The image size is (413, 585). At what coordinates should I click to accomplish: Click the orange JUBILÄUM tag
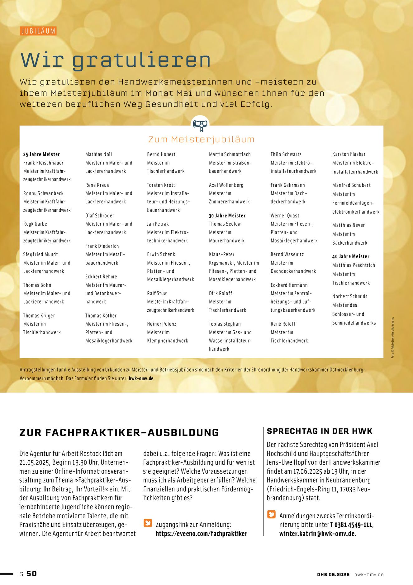[38, 31]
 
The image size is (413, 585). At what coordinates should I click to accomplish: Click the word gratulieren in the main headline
[141, 60]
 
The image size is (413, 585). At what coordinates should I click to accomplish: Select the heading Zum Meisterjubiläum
[201, 139]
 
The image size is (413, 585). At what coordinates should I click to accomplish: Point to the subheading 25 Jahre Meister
[41, 154]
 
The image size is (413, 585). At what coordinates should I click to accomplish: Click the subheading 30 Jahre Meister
[227, 216]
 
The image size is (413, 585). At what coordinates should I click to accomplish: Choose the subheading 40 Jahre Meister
[351, 256]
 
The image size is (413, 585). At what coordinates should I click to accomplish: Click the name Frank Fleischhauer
[43, 163]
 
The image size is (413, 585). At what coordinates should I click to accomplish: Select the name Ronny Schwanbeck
[43, 193]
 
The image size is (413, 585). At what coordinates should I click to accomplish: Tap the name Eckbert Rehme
[101, 277]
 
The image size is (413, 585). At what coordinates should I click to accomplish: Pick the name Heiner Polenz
[162, 324]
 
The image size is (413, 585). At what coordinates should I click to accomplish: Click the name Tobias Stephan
[225, 324]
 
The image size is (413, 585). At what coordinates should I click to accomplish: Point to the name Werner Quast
[285, 216]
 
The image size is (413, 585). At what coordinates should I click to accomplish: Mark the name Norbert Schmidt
[350, 296]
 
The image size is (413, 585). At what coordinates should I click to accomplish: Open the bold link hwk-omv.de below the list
[141, 378]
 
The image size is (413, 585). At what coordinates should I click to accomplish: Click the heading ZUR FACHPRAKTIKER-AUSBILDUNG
[119, 433]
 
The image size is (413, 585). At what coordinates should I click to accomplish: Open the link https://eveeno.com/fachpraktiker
[202, 534]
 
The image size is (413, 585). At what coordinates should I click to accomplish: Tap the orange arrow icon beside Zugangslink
[148, 523]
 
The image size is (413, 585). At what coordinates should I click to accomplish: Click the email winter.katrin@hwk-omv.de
[317, 534]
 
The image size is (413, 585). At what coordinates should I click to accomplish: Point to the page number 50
[31, 573]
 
